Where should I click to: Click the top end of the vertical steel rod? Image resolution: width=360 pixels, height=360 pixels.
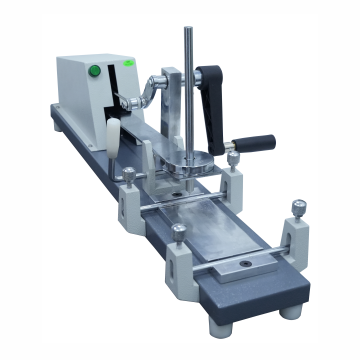point(187,30)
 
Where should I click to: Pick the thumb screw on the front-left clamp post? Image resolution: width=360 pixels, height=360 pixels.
point(178,232)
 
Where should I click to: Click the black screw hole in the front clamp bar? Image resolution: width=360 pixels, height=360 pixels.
point(244,265)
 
